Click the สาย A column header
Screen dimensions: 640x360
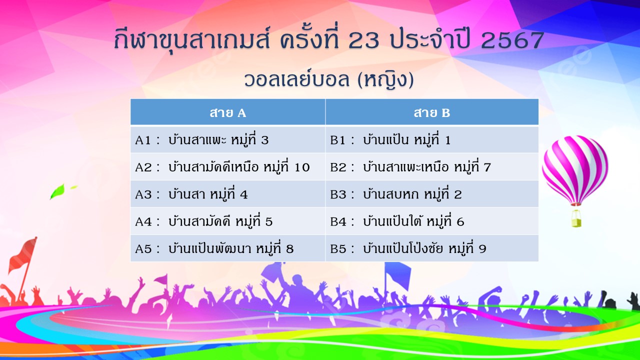coord(227,112)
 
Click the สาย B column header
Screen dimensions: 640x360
coord(432,112)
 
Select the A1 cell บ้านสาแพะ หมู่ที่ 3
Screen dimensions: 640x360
coord(227,139)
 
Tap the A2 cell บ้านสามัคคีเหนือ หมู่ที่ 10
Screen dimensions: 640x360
coord(227,167)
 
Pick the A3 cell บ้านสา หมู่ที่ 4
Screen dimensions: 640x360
coord(227,194)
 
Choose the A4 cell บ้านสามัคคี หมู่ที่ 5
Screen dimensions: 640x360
coord(227,221)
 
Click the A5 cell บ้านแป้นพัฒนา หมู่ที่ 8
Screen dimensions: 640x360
coord(227,248)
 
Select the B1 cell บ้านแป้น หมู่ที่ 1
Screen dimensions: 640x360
coord(432,139)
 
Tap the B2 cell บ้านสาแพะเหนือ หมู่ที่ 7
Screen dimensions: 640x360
coord(432,167)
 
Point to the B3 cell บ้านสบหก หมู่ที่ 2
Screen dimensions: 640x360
coord(432,194)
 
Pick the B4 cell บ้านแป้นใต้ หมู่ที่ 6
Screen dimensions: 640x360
coord(432,221)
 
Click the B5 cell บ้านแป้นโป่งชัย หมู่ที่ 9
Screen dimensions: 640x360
coord(432,248)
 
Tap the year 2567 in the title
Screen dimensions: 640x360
coord(512,40)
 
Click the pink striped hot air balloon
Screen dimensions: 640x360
coord(575,170)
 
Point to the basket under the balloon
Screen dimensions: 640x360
coord(576,219)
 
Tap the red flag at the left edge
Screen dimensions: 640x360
coord(23,254)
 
